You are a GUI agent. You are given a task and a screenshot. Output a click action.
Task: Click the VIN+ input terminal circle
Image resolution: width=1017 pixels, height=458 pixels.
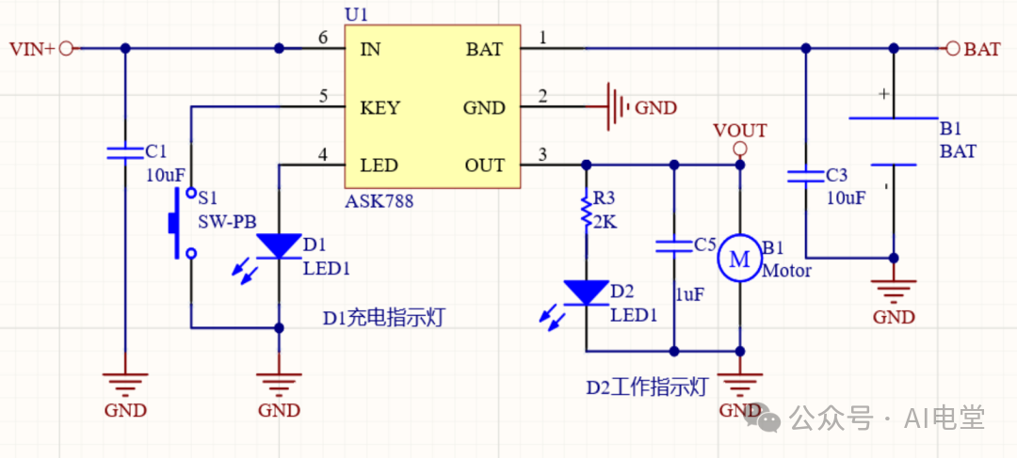tap(66, 49)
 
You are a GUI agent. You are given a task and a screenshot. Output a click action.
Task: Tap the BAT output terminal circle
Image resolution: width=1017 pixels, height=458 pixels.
tap(952, 49)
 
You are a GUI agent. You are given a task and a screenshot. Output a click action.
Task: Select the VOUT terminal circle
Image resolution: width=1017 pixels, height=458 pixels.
tap(739, 150)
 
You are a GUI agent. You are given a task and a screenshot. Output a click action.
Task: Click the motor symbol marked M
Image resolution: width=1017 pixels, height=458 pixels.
tap(739, 259)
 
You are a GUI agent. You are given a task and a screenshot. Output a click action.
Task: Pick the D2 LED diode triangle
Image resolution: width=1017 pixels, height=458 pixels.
tap(586, 292)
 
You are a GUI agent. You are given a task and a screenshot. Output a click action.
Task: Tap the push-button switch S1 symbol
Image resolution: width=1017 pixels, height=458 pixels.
tap(183, 223)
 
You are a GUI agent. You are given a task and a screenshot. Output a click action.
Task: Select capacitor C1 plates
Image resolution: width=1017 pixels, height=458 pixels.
tap(125, 153)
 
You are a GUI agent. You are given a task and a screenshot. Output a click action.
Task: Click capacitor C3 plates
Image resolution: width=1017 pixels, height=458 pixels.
tap(805, 176)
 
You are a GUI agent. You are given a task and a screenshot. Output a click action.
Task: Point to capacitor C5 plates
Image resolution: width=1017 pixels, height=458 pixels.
tap(674, 245)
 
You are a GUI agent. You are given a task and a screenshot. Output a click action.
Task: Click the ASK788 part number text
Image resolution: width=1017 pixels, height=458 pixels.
tap(379, 201)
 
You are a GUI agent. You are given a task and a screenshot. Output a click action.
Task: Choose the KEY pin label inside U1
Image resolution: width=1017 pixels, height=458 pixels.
tap(380, 107)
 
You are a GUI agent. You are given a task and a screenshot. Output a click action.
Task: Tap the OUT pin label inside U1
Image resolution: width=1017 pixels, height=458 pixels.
tap(485, 166)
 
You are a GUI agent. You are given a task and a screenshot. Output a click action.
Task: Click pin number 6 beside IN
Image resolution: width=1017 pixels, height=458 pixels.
tap(323, 39)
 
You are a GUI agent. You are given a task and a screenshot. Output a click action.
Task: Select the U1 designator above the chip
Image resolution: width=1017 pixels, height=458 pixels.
tap(355, 14)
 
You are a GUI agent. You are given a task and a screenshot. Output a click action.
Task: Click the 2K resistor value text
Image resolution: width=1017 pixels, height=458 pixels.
tap(605, 223)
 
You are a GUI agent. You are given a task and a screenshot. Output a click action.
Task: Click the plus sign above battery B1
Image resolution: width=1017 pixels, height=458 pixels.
tap(882, 94)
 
